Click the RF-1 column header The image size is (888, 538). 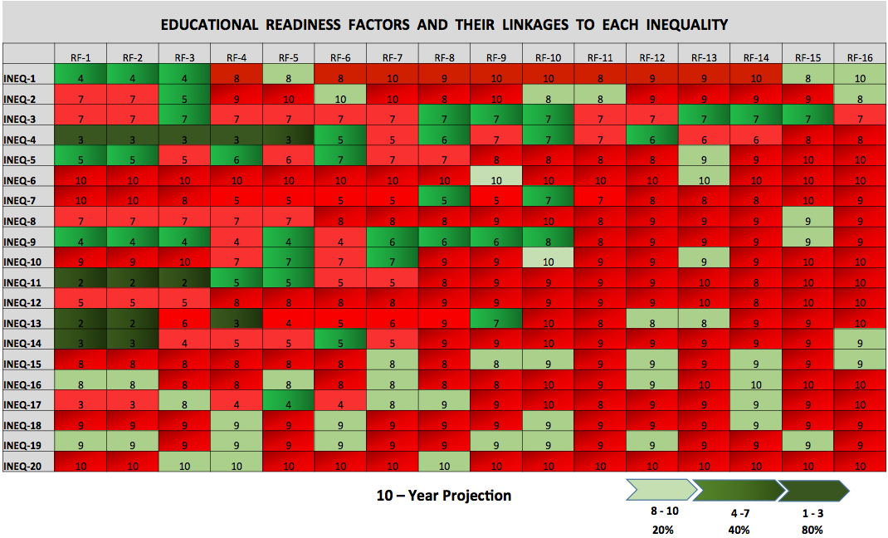(81, 57)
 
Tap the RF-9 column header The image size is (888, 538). (495, 57)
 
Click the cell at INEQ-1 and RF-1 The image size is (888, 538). (81, 78)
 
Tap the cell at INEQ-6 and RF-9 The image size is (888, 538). (495, 180)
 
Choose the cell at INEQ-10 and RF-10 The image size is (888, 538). (548, 262)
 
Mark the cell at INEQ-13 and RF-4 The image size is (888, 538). (237, 323)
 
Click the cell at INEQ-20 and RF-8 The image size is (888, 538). (444, 466)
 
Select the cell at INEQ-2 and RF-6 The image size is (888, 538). (340, 99)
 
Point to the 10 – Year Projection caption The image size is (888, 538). (443, 496)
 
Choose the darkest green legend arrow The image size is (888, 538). (813, 491)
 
